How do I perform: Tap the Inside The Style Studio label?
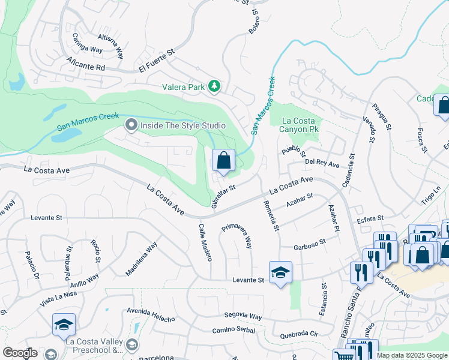pos(182,125)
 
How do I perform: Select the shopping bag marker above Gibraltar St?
pos(223,161)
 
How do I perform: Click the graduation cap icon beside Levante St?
pos(280,273)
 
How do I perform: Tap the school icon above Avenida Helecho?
pos(64,325)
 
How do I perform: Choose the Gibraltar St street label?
pos(224,197)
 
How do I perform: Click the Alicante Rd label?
pos(86,64)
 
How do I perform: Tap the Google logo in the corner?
pos(20,353)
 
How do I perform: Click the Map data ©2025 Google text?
pos(412,355)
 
